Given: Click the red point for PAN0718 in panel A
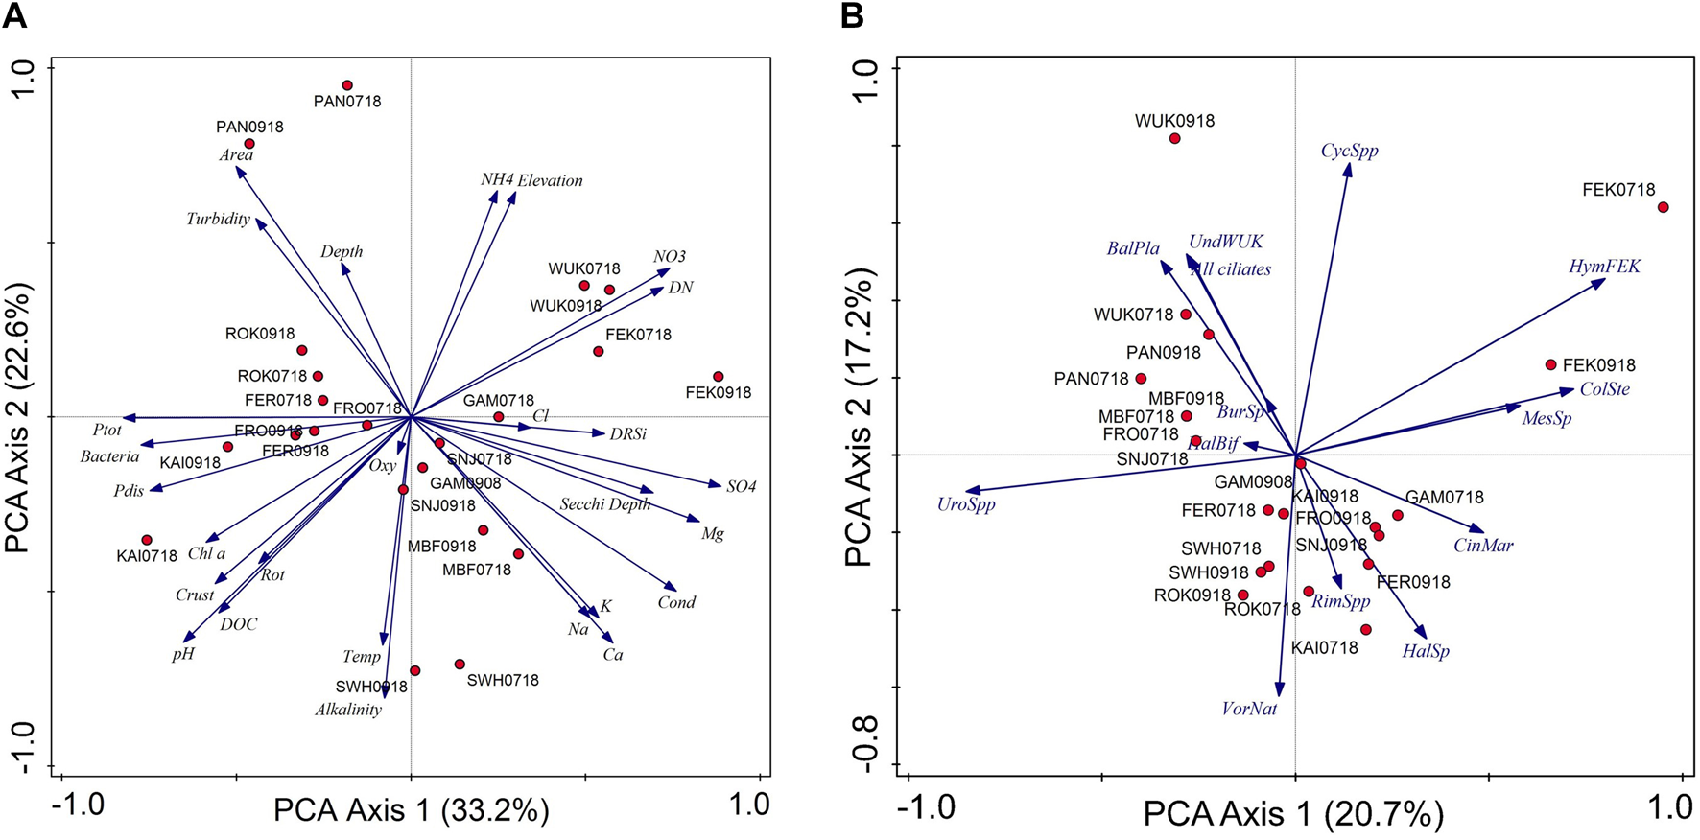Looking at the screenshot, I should [x=347, y=85].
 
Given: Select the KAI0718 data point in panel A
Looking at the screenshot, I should [x=147, y=540].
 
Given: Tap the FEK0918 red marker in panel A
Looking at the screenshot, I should [x=718, y=377].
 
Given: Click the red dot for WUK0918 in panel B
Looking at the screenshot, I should [x=1174, y=138].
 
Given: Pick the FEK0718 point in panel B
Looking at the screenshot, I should [x=1663, y=207].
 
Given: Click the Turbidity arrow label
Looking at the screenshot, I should [x=218, y=219].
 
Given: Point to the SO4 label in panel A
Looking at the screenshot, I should [x=741, y=486].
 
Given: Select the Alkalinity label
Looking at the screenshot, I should [x=348, y=710].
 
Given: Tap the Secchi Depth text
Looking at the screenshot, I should [x=604, y=504].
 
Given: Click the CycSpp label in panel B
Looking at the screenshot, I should [x=1349, y=151].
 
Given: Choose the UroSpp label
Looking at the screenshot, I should [x=966, y=504].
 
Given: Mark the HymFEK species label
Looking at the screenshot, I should [x=1604, y=267].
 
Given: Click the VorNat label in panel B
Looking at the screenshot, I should [x=1249, y=709].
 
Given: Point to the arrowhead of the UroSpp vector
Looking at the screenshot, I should [x=968, y=491].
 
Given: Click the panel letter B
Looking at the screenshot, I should [x=851, y=15].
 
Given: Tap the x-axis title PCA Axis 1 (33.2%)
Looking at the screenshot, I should [x=411, y=810].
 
